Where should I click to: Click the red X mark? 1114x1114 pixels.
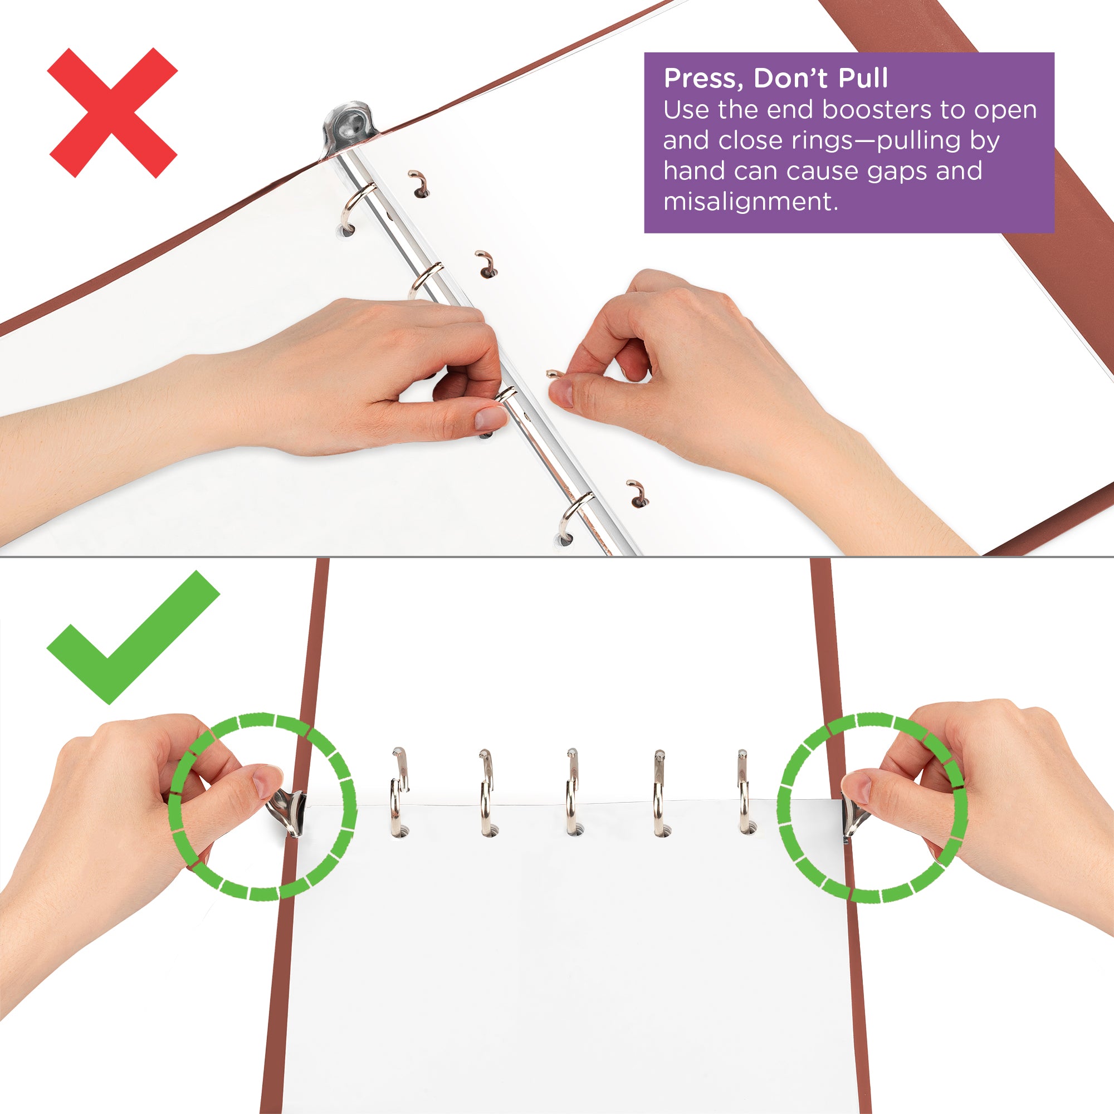point(113,113)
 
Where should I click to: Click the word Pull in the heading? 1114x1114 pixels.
point(863,78)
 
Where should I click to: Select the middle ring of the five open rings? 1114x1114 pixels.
point(571,793)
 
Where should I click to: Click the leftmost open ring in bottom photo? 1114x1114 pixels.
point(398,793)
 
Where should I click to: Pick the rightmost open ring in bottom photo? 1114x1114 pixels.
point(744,793)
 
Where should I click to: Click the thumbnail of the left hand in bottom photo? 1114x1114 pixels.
point(268,783)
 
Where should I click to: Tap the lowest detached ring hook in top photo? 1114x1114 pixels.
point(638,493)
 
